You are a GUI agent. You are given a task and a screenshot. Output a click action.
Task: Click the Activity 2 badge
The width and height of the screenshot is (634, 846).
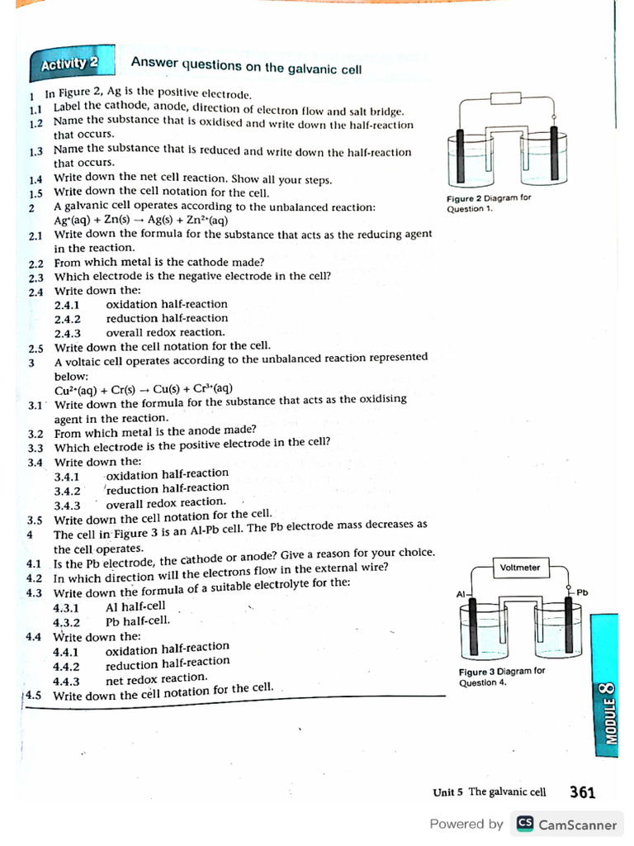coord(69,64)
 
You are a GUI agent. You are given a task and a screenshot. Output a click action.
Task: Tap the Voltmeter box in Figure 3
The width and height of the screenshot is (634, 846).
coord(520,568)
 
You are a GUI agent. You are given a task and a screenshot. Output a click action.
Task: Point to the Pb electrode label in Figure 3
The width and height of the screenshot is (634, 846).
coord(582,592)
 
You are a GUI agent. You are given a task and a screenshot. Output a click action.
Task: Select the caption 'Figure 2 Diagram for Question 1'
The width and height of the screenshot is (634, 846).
coord(489,203)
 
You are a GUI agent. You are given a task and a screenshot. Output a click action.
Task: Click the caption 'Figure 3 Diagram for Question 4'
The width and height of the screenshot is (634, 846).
coord(502,677)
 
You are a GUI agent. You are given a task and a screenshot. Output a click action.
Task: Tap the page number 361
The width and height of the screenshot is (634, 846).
coord(582,792)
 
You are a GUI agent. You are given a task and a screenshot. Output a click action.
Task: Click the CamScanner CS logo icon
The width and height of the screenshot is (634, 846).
coord(524,824)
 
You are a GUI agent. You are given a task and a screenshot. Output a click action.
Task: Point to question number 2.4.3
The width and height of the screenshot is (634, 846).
coord(67,333)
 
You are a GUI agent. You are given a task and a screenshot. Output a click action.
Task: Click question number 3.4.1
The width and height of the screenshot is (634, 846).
coord(67,477)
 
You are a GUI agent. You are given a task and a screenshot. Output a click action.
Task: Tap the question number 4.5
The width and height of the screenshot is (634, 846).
coord(34,695)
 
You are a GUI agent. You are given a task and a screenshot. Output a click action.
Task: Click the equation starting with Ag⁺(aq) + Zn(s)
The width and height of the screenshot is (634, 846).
coord(140,221)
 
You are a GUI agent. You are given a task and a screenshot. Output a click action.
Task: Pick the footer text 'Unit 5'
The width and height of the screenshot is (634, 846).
coord(448,792)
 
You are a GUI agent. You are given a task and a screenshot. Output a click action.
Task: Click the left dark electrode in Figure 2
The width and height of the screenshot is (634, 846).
coord(457,158)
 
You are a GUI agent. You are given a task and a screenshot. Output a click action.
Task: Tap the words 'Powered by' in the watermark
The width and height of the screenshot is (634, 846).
coord(466,824)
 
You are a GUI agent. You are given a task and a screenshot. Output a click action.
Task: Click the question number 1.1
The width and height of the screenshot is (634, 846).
coord(35,109)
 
